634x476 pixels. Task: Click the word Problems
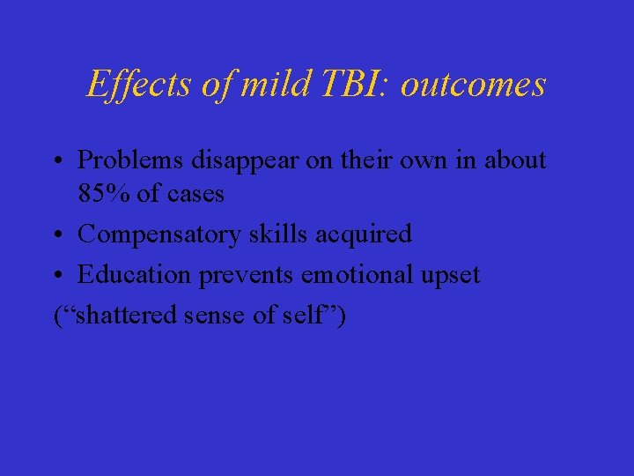click(x=129, y=160)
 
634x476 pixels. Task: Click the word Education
click(x=134, y=275)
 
